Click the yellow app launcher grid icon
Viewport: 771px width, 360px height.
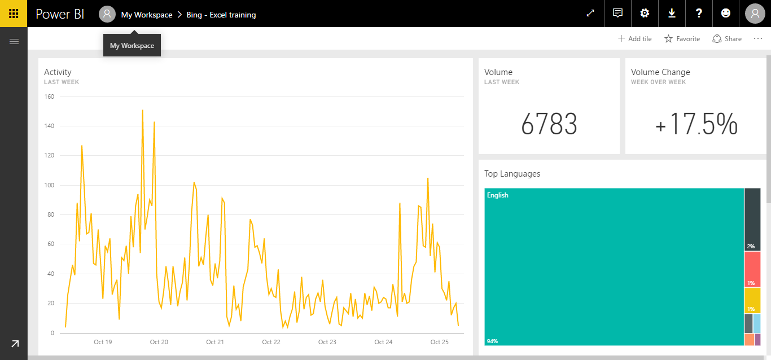click(x=14, y=14)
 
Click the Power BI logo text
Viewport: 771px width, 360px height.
click(x=60, y=15)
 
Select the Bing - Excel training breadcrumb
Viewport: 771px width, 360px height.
click(x=221, y=15)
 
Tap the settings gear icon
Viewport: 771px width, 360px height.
click(x=645, y=14)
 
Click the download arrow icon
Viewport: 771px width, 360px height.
click(x=672, y=14)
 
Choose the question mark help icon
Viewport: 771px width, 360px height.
click(x=699, y=14)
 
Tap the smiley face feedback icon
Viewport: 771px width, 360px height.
click(x=726, y=14)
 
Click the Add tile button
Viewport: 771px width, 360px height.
click(x=634, y=39)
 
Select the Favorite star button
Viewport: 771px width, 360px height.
click(x=682, y=39)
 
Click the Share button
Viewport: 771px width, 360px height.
click(x=727, y=39)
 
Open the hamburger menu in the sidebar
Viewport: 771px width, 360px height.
click(x=14, y=41)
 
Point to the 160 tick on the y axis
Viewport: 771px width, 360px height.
click(x=49, y=96)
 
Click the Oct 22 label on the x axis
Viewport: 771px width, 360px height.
click(x=271, y=342)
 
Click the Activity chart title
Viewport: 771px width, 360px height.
click(x=58, y=72)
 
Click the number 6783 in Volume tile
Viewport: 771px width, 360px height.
click(x=549, y=124)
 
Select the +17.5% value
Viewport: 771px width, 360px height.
click(x=696, y=124)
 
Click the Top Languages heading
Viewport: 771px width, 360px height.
click(x=512, y=174)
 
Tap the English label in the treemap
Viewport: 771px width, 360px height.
click(x=498, y=195)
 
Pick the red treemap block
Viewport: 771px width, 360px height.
click(x=752, y=269)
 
